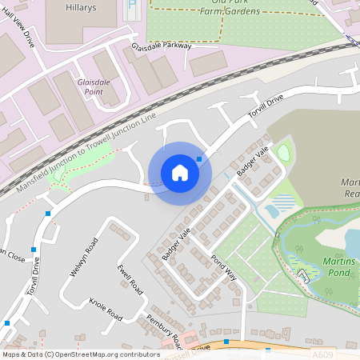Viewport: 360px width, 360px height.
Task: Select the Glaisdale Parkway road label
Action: [162, 46]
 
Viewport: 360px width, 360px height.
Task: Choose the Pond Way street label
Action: [224, 268]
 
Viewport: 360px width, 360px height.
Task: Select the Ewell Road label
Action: [129, 278]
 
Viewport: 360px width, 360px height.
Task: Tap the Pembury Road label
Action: [165, 330]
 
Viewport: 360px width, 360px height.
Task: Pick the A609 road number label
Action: [322, 354]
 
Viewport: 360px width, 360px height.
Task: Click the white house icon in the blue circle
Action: [179, 172]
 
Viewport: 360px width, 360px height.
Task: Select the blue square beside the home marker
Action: [199, 159]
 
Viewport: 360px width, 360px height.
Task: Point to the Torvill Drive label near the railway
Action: [266, 111]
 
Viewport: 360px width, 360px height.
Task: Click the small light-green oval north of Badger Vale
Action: [282, 151]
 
